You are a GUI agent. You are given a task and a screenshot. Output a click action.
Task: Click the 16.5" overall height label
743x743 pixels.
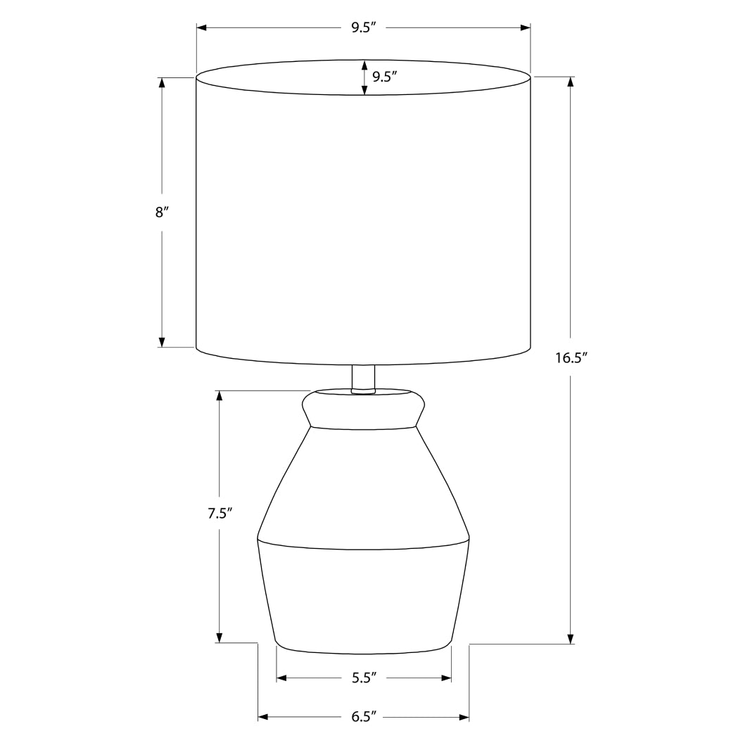(x=571, y=358)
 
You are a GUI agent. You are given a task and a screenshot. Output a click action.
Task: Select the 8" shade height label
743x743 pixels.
(x=162, y=212)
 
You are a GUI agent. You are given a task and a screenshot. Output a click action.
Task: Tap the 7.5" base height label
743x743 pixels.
(x=220, y=513)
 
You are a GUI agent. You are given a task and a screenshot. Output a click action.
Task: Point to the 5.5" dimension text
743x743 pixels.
(x=364, y=678)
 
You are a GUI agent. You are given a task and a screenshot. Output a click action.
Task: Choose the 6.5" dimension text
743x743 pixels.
(x=364, y=717)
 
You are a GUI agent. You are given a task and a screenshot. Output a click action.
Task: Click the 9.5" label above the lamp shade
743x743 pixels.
(x=364, y=27)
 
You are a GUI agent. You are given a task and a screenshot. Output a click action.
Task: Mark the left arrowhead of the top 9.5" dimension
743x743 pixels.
(x=201, y=27)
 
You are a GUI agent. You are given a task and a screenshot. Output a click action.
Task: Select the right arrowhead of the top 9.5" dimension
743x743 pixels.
(x=525, y=27)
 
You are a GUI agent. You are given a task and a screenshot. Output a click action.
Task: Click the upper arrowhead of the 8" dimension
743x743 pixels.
(x=162, y=82)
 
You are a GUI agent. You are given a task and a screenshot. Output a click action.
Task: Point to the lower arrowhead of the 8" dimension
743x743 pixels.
(x=162, y=342)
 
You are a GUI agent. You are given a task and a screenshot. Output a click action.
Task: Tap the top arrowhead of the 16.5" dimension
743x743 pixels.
(x=571, y=82)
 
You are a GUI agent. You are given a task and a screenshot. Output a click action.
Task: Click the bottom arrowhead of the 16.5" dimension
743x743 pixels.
(x=571, y=638)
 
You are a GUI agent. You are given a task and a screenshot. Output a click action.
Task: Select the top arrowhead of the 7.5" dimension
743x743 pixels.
(x=220, y=395)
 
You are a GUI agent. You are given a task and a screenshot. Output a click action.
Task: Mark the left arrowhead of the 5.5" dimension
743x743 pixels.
(x=281, y=678)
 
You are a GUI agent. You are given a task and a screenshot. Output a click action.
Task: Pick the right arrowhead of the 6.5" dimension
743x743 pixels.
(x=464, y=717)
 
